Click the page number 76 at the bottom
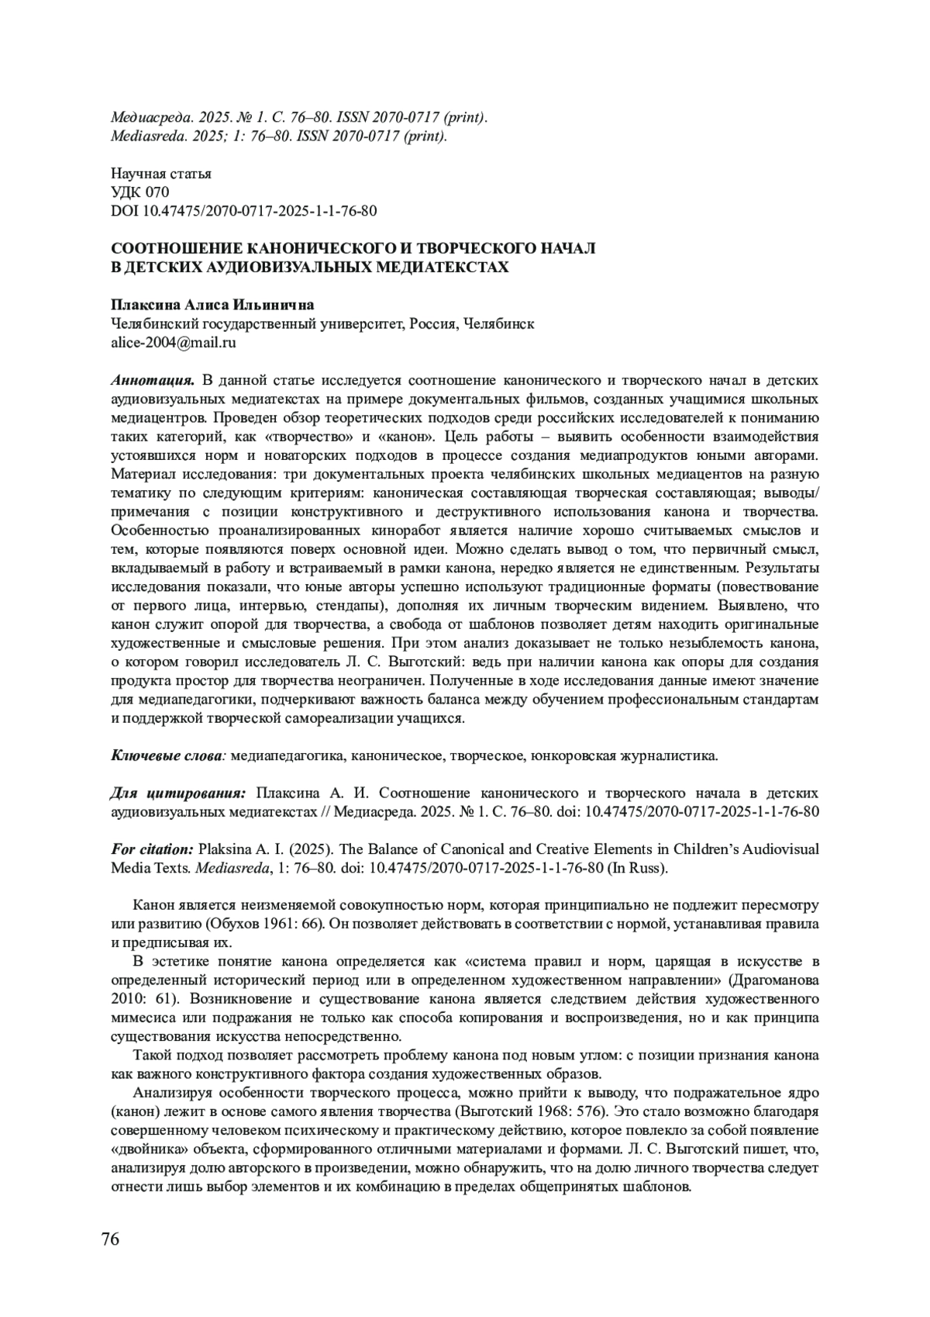click(111, 1239)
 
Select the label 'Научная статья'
click(161, 174)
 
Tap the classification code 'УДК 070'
click(140, 192)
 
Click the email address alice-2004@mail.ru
click(174, 342)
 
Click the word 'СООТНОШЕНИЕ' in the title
click(177, 249)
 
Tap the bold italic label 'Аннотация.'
click(152, 380)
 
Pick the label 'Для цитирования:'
click(178, 793)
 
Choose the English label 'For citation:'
click(152, 849)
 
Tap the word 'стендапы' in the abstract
click(347, 605)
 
